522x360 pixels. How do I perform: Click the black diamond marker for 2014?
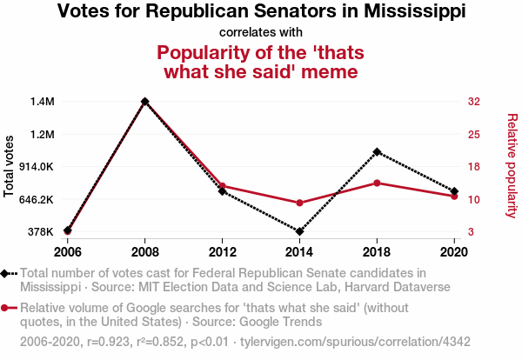[x=299, y=232]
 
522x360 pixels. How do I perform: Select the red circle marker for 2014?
[x=299, y=203]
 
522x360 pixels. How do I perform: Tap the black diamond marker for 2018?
[x=377, y=152]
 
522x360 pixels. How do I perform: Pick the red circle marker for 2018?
[x=377, y=183]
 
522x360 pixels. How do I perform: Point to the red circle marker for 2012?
[x=223, y=186]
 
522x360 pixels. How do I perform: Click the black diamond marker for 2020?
[x=453, y=191]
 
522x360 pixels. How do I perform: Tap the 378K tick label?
[x=42, y=232]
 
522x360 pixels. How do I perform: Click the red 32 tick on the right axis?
[x=474, y=102]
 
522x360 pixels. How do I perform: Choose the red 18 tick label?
[x=474, y=167]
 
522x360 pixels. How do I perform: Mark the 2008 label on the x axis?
[x=145, y=252]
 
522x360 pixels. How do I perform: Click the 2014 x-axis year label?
[x=299, y=252]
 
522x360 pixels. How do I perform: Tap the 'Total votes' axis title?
[x=10, y=166]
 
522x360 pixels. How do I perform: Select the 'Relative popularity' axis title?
[x=511, y=166]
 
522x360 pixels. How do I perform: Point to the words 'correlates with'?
[x=261, y=33]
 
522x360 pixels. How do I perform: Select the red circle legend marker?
[x=7, y=308]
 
